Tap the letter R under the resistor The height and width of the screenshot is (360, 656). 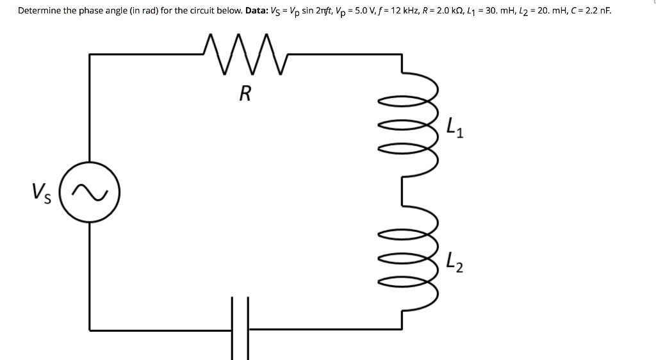244,95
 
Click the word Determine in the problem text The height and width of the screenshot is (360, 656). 39,11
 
